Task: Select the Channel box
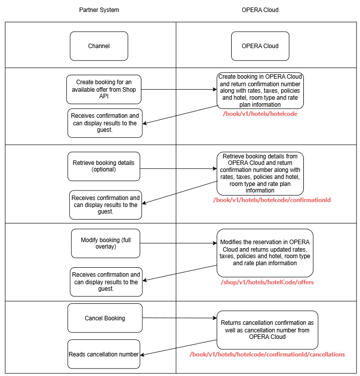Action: (99, 46)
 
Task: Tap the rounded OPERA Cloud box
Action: (260, 46)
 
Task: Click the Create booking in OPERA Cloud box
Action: (260, 91)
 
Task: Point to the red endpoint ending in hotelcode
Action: (260, 114)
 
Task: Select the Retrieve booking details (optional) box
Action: (103, 166)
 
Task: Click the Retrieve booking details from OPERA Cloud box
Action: (260, 173)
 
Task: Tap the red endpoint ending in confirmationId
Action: (272, 200)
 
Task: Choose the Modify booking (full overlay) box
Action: (106, 244)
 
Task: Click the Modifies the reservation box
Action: (265, 253)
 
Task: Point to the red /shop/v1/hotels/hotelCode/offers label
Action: (267, 282)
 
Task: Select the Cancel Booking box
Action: (105, 318)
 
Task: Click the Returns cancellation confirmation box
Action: (267, 330)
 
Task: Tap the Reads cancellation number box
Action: (103, 354)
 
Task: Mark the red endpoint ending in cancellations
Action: (267, 354)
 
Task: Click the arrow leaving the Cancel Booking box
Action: (179, 318)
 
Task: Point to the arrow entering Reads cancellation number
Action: (178, 348)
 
